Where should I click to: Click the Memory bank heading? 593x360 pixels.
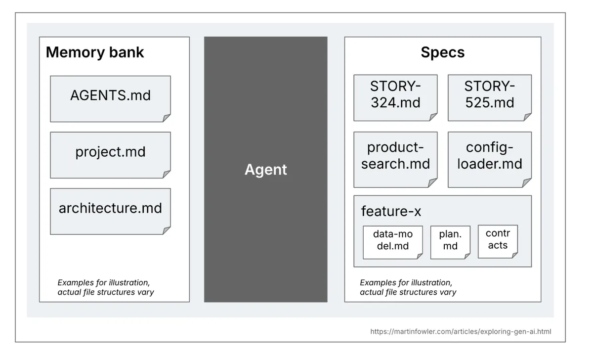(x=95, y=52)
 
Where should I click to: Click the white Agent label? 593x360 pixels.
(x=265, y=170)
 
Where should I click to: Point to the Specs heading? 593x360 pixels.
(x=442, y=52)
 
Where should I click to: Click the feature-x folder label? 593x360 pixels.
(x=391, y=211)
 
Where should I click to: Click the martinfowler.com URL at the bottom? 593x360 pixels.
(x=461, y=331)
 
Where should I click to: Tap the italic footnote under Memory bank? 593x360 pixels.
(x=105, y=287)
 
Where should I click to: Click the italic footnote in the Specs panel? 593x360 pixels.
(x=408, y=287)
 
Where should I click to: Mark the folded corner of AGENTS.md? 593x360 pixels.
(x=167, y=118)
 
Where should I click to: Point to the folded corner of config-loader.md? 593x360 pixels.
(x=528, y=183)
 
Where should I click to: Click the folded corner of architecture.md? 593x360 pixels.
(x=167, y=230)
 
